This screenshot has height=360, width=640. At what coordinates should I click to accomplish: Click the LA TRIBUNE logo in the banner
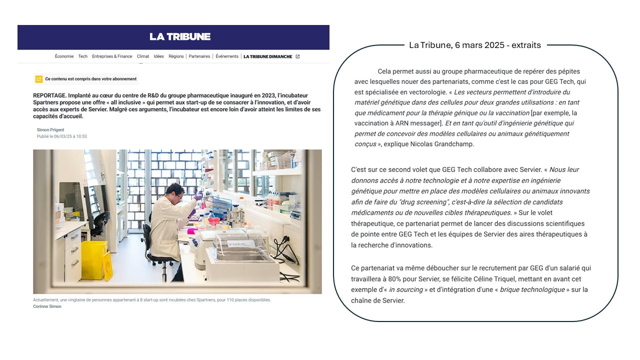click(x=180, y=36)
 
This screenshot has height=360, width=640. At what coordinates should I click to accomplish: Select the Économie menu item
click(x=64, y=56)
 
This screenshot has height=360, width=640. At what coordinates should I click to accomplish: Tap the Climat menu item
click(x=143, y=56)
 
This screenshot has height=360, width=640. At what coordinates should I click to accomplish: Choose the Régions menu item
click(x=176, y=56)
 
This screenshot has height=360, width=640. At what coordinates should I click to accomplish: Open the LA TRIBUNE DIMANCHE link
click(x=267, y=56)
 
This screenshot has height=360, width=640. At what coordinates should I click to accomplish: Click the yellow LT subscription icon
click(x=38, y=79)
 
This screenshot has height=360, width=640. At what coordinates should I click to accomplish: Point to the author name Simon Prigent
click(x=50, y=130)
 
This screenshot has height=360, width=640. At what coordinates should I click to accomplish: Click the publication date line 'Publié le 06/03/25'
click(x=61, y=136)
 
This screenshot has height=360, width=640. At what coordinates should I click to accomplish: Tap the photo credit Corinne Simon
click(x=47, y=306)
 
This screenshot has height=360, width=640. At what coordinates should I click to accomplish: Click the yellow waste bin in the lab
click(x=94, y=260)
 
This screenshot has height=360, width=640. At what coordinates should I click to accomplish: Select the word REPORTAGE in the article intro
click(x=49, y=95)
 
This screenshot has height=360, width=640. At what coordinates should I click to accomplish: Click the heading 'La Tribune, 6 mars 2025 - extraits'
click(x=474, y=45)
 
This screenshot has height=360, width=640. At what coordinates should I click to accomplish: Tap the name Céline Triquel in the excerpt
click(x=506, y=279)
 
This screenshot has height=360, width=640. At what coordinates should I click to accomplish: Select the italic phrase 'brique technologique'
click(x=532, y=289)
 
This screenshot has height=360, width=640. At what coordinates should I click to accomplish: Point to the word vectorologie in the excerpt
click(x=425, y=92)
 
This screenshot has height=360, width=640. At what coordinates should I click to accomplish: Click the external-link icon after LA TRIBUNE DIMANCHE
click(x=297, y=56)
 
